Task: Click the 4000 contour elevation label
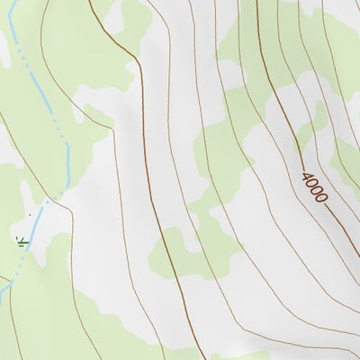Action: tap(315, 186)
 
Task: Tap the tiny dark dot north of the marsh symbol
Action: tap(30, 215)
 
